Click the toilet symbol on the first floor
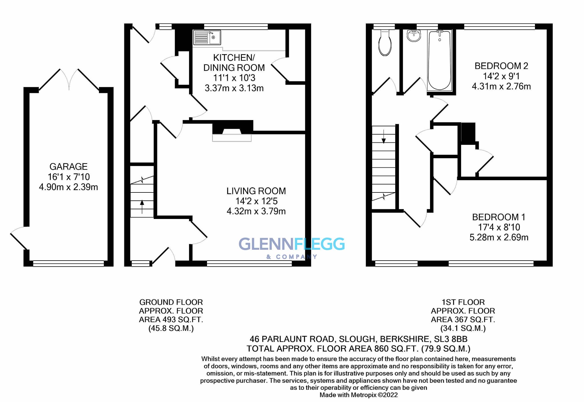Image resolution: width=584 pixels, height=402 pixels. coord(385,44)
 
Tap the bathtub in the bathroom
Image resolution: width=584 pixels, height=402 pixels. coord(439,60)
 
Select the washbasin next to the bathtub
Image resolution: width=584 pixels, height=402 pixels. coord(413,36)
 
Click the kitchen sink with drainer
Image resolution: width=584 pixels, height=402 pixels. coord(207,37)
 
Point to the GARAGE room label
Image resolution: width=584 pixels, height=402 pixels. coord(68,167)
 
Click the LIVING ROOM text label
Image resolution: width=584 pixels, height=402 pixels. coord(256,191)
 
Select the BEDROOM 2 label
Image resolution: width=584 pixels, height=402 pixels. coord(501,66)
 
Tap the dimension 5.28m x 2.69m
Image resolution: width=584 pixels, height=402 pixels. coord(499,237)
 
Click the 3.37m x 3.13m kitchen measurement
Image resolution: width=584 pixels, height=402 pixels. coord(234,88)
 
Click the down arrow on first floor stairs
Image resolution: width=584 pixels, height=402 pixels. coord(384,137)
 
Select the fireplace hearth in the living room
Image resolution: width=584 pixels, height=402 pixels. coord(232,138)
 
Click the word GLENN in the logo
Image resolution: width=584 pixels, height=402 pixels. coord(266,244)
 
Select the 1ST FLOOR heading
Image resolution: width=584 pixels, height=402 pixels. coord(463,302)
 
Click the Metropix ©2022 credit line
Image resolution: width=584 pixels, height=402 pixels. coord(358,395)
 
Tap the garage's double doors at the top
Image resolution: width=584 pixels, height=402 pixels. coord(69,80)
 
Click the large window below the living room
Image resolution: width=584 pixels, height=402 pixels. coord(249,264)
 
